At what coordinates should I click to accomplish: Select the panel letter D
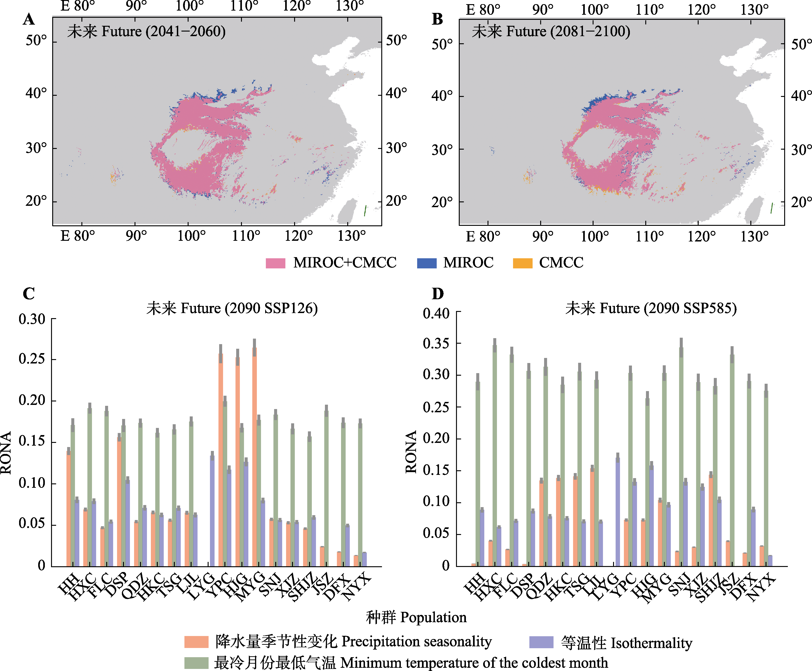(x=437, y=294)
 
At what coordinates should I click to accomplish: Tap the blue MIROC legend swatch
(x=427, y=263)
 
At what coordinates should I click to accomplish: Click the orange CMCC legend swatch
(x=522, y=263)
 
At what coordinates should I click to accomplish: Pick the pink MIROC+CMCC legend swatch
(x=275, y=263)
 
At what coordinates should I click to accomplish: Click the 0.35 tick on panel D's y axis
(x=436, y=343)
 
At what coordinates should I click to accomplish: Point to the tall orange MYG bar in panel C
(x=254, y=456)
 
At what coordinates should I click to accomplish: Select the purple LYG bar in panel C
(x=212, y=510)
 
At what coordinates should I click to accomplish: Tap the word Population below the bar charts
(x=433, y=617)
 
